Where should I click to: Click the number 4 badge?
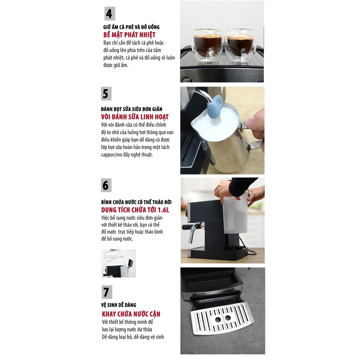(x=110, y=14)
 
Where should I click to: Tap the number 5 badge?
(x=106, y=94)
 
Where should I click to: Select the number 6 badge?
(x=106, y=185)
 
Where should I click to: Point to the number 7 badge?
(x=107, y=292)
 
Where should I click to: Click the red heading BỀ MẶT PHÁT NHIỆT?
(x=129, y=35)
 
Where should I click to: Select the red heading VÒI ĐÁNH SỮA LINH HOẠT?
(x=135, y=117)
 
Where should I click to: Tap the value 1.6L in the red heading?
(x=163, y=210)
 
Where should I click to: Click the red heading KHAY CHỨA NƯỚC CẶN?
(x=131, y=314)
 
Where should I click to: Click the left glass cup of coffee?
(x=208, y=46)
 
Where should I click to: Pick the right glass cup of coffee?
(x=240, y=46)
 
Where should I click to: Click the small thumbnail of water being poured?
(x=118, y=263)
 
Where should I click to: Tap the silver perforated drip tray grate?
(x=222, y=318)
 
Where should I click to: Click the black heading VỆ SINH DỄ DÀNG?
(x=118, y=305)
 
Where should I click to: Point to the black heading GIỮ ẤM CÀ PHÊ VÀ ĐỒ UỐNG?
(x=131, y=27)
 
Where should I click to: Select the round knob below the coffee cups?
(x=186, y=80)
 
